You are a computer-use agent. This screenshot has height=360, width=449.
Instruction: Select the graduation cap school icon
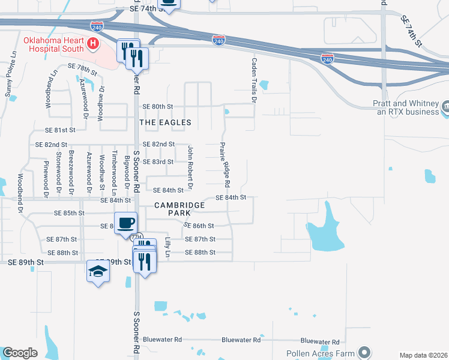[x=98, y=272]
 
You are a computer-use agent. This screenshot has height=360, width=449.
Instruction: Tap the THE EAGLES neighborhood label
[x=165, y=122]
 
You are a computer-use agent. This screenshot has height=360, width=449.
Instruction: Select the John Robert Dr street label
[x=190, y=167]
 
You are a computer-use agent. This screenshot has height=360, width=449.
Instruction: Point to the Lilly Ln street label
[x=168, y=247]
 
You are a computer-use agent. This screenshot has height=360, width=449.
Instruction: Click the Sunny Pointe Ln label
[x=10, y=78]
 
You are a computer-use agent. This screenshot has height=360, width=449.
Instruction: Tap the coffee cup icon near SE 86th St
[x=126, y=223]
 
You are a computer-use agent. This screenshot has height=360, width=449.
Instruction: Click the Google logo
[x=20, y=353]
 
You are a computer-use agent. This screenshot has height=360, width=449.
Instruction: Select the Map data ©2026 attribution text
[x=423, y=355]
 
